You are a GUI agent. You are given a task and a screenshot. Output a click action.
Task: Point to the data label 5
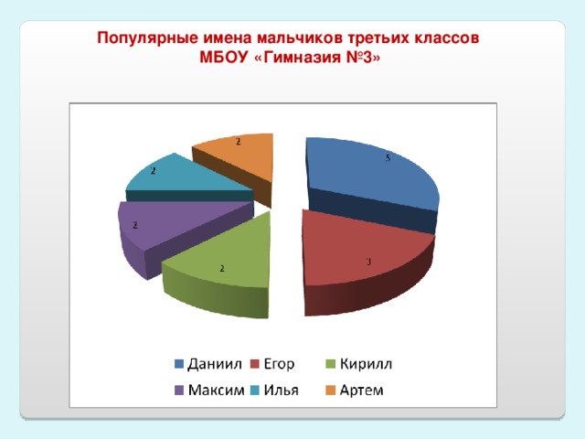pos(388,158)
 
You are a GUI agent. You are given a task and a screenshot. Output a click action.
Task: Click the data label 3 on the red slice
pos(368,262)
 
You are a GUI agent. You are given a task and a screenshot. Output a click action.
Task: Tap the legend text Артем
pos(362,391)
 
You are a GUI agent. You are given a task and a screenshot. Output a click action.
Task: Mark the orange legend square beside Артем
pos(331,391)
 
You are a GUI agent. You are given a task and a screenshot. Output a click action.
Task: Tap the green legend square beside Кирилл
pos(331,366)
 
